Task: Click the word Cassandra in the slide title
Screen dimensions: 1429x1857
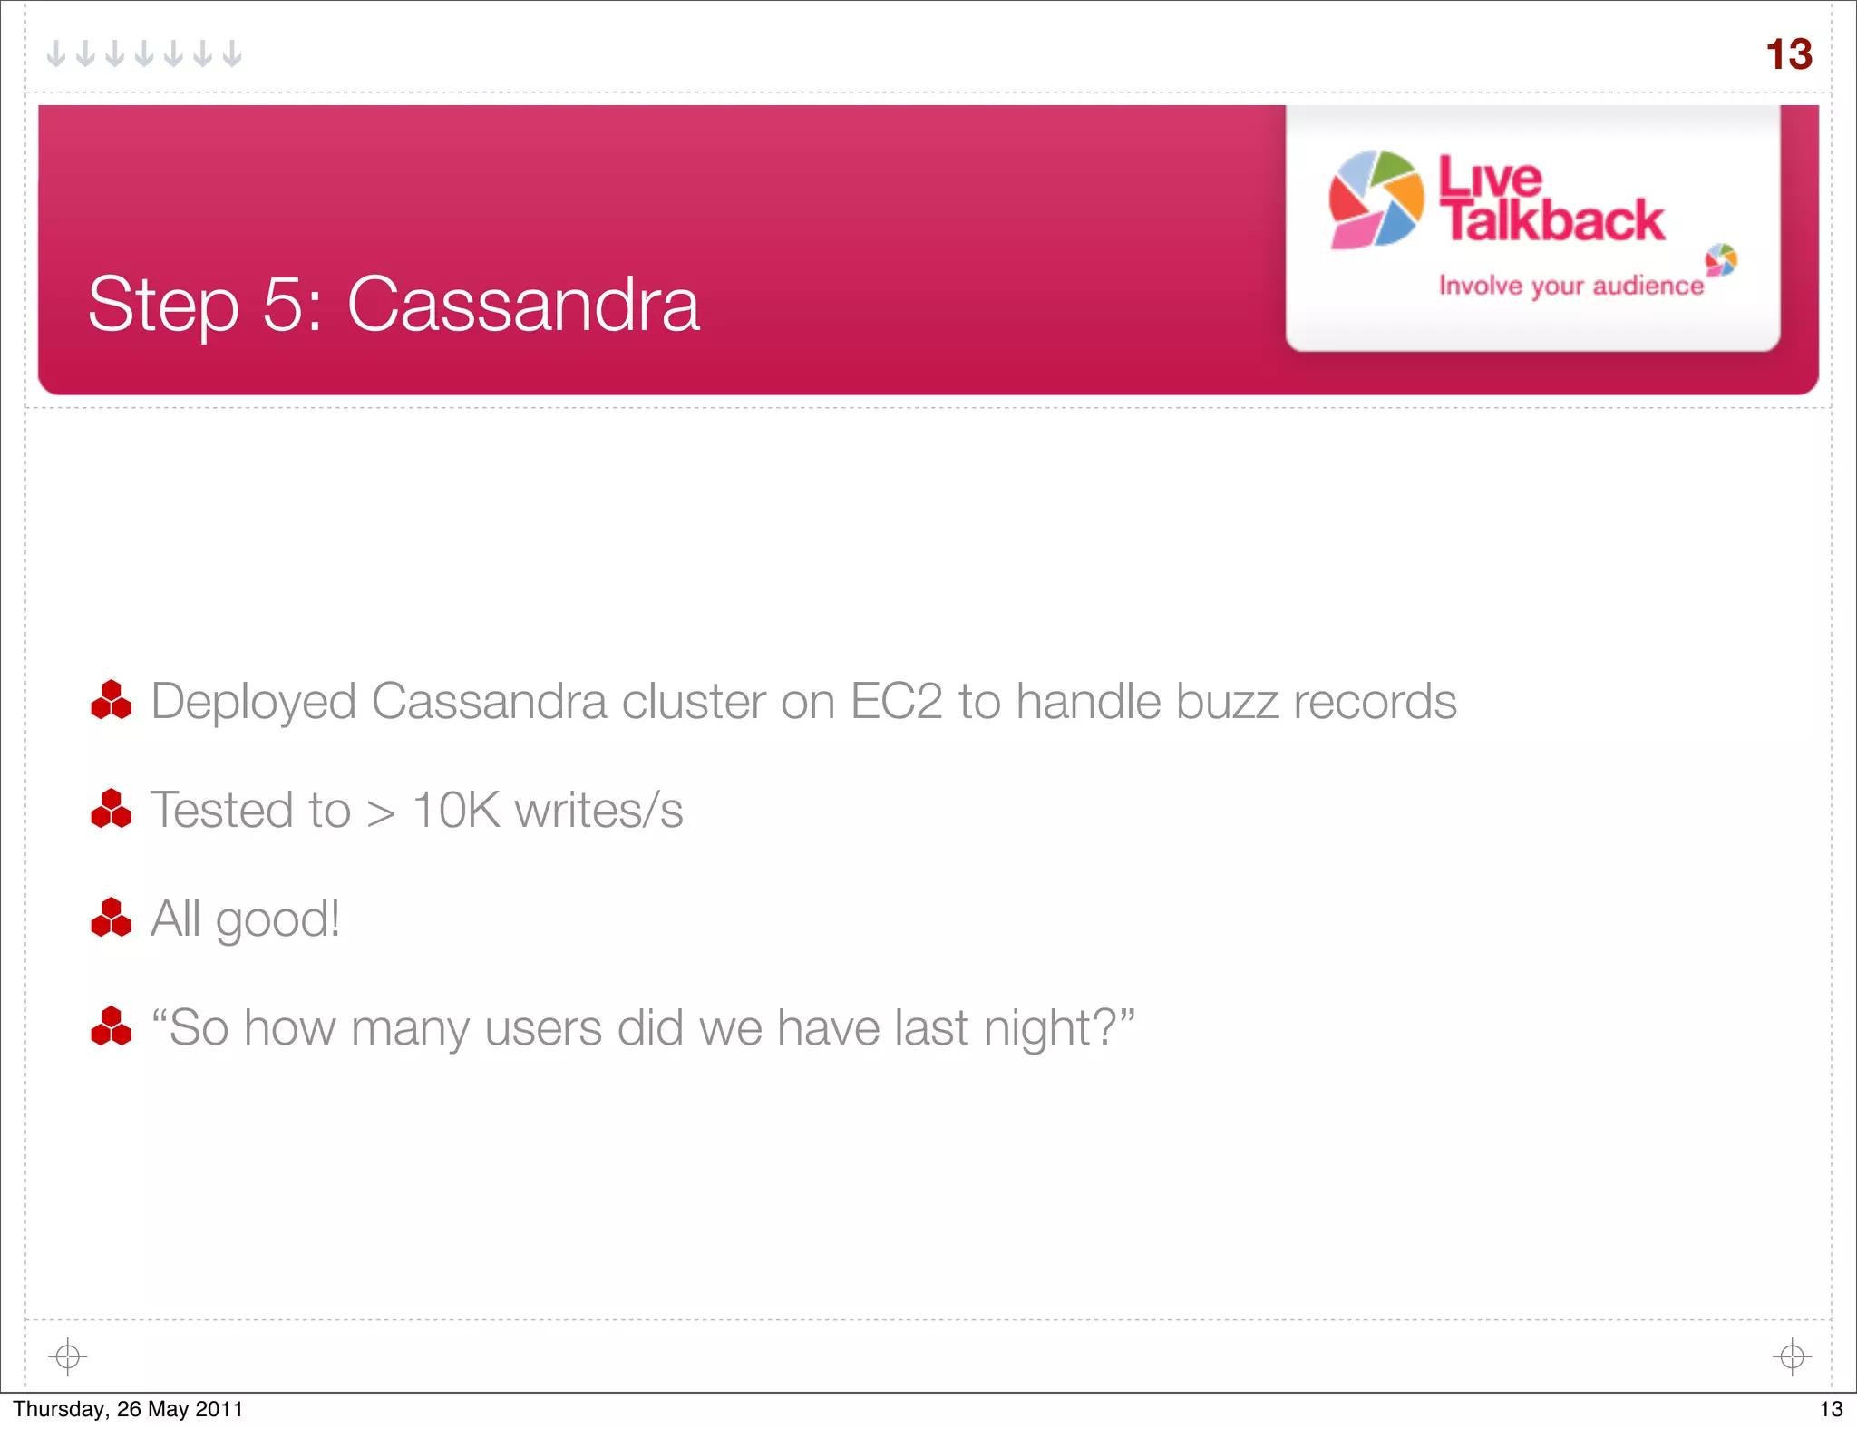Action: (523, 305)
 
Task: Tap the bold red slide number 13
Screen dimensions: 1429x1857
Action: (1788, 54)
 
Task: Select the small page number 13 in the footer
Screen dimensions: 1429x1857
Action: (1831, 1409)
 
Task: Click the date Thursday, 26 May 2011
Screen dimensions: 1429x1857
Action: (128, 1409)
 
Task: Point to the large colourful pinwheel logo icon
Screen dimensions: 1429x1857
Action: (1376, 199)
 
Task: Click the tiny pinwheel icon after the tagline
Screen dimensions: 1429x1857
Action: (1721, 260)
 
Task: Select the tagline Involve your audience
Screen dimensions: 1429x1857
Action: (1570, 286)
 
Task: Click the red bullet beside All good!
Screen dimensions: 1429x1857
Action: (112, 918)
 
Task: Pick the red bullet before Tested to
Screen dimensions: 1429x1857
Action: (112, 809)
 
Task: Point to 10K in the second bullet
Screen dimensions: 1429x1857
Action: (455, 810)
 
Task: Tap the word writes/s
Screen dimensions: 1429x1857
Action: (598, 810)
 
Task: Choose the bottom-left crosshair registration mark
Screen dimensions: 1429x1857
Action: (67, 1356)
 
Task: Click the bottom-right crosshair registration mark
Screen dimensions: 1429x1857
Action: (1792, 1356)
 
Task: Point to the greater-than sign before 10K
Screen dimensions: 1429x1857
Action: (381, 812)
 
